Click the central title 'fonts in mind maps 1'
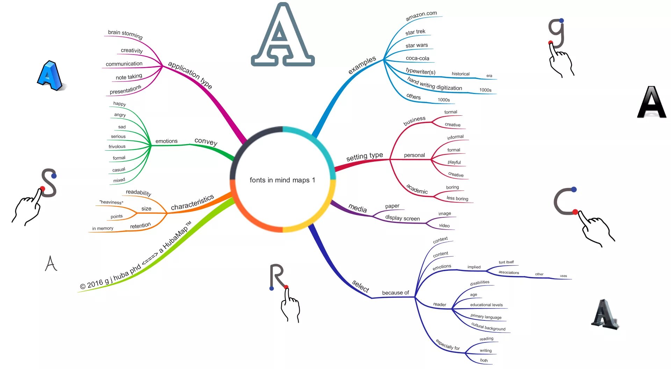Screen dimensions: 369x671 282,180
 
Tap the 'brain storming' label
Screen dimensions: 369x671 125,34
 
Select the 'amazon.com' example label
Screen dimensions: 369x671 421,15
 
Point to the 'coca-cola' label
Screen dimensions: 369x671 417,58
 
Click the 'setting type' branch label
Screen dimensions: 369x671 364,157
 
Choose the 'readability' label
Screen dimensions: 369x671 138,193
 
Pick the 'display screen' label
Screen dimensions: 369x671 402,218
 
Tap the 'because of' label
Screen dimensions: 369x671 395,292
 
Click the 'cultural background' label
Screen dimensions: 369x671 488,327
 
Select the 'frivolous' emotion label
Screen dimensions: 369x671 117,146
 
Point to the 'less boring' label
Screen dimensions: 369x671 457,198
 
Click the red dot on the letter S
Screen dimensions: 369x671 42,189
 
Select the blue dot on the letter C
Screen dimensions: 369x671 573,189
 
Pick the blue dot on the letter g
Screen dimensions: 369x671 561,21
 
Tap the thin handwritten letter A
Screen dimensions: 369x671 51,263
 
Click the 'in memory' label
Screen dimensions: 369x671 102,228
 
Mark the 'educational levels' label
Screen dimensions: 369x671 486,305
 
